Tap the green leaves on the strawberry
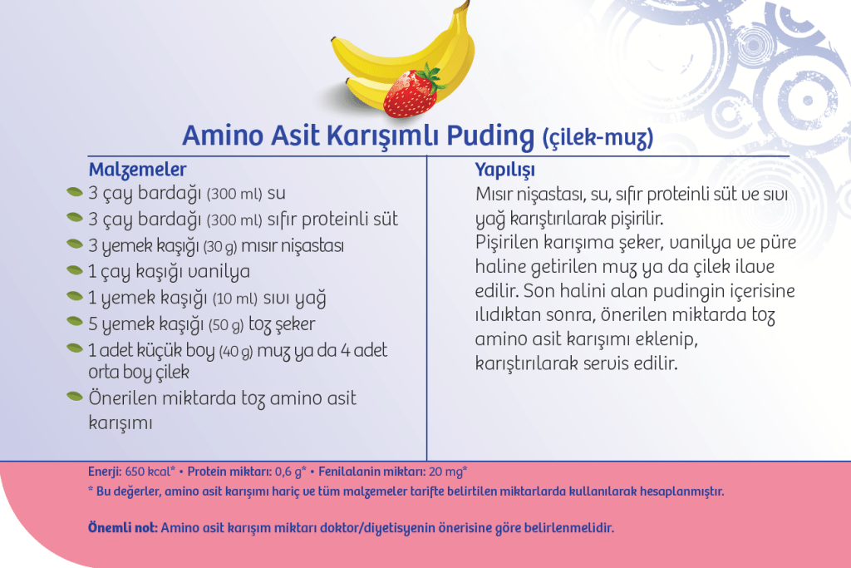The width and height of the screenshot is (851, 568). tap(430, 77)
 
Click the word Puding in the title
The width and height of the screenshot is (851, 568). tap(490, 136)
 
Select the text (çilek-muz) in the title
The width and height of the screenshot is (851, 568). tap(598, 138)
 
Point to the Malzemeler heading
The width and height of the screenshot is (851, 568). tap(137, 170)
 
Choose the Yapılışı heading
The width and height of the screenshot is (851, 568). tap(504, 170)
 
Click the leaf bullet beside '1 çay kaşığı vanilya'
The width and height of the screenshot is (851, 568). tap(74, 270)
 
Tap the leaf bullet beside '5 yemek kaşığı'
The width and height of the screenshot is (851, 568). tap(74, 322)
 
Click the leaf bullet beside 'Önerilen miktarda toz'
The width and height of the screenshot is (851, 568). tap(74, 397)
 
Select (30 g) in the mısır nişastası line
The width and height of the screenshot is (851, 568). tap(220, 247)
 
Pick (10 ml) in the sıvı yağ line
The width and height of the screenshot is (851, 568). tap(235, 299)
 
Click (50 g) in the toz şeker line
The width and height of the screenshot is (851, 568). tap(226, 325)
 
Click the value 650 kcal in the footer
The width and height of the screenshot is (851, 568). tap(149, 472)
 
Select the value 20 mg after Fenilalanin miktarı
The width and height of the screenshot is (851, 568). tap(446, 472)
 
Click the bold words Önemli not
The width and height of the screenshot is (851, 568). tap(123, 527)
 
